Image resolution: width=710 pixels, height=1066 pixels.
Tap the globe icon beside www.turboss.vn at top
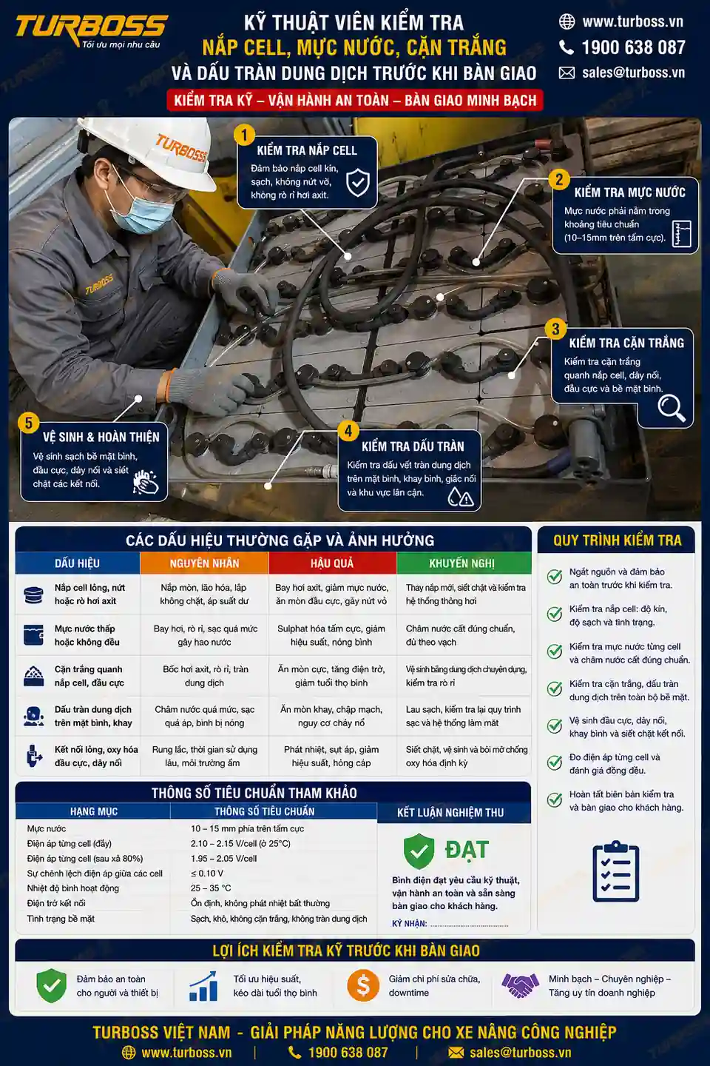[x=567, y=21]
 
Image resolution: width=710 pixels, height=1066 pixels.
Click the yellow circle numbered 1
[x=245, y=135]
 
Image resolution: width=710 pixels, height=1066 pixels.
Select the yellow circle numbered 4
[x=348, y=431]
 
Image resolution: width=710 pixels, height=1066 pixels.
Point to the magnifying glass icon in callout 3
[x=672, y=408]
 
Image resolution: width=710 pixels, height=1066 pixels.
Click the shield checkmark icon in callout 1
[x=358, y=181]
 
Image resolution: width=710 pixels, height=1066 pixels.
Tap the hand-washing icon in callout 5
[x=146, y=482]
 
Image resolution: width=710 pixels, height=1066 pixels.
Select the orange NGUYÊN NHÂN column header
[x=204, y=563]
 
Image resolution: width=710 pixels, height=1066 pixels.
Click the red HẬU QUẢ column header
[x=332, y=563]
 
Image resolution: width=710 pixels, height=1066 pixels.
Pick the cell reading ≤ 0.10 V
[x=207, y=874]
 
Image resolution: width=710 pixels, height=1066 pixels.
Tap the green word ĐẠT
[x=467, y=850]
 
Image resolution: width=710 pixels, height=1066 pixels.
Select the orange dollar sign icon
[x=363, y=985]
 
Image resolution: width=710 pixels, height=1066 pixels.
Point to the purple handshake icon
[x=520, y=985]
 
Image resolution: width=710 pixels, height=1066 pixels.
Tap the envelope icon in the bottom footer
[x=456, y=1052]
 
